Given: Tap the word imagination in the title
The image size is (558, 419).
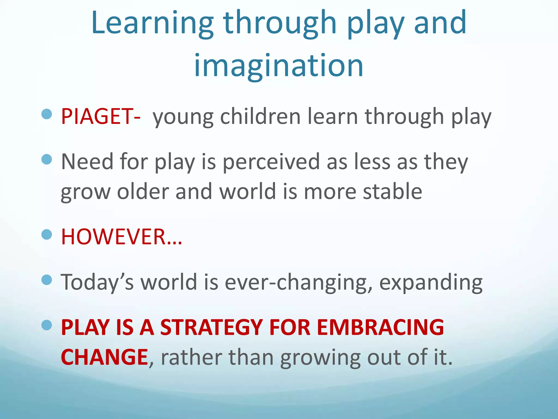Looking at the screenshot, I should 278,65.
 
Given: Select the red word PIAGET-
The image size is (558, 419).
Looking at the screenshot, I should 101,116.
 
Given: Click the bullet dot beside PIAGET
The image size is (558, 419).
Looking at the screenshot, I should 47,114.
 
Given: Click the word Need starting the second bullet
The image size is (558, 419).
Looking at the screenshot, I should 87,161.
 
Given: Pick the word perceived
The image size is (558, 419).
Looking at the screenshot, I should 271,161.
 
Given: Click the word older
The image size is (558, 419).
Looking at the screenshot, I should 143,191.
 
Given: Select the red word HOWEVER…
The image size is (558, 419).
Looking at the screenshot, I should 121,237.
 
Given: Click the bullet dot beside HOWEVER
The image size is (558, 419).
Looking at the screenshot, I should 47,234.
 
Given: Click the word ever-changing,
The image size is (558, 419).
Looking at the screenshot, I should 298,282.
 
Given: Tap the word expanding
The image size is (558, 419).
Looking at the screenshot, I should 431,282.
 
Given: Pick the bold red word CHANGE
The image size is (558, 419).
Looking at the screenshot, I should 104,357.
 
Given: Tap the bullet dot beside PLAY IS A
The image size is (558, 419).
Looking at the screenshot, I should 47,325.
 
